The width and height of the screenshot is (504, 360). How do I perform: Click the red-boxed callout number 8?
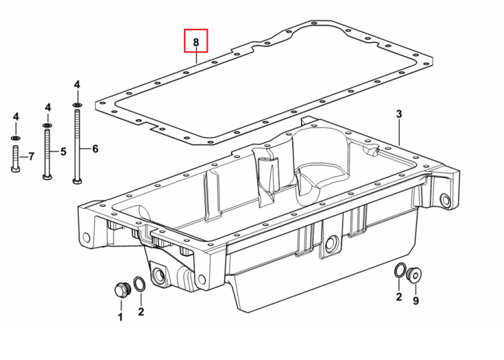coord(196,42)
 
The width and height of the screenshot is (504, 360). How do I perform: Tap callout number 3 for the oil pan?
coord(399,114)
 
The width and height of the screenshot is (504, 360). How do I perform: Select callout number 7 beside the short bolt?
coord(31,156)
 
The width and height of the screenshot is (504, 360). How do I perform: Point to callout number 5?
coord(63,152)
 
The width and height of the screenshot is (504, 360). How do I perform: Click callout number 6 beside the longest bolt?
coord(95,148)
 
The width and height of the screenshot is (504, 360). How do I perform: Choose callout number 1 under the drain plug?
coord(120,317)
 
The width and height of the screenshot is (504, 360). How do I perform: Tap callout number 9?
coord(416,301)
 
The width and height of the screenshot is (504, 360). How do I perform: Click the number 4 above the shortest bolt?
coord(15,117)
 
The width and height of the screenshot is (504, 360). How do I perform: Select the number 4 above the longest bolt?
coord(77,85)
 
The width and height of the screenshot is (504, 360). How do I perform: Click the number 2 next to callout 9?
coord(399,297)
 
